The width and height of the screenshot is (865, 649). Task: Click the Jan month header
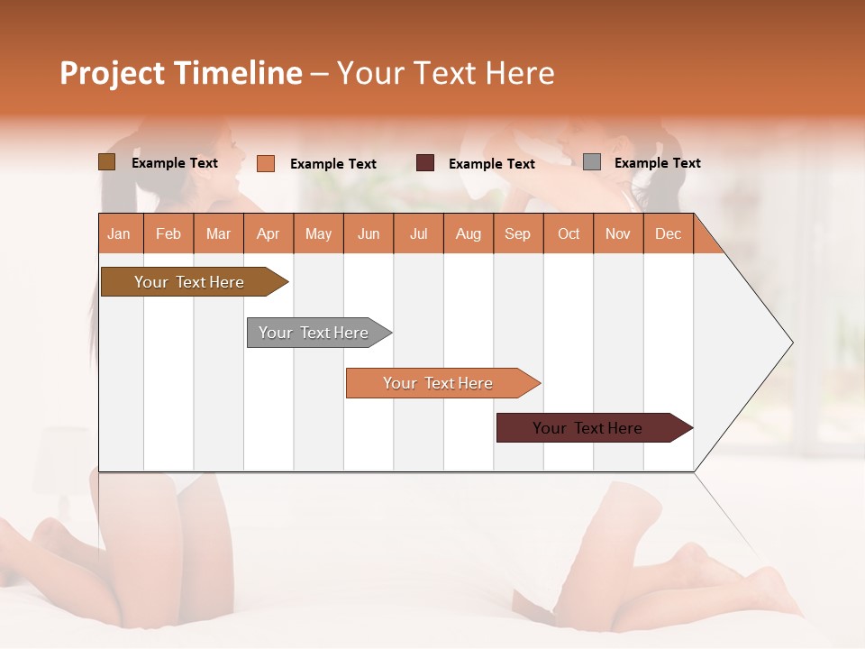[x=120, y=233]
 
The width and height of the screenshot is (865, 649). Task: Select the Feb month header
[x=168, y=233]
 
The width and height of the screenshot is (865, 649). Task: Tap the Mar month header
[x=218, y=233]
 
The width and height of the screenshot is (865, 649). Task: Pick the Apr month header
[x=269, y=233]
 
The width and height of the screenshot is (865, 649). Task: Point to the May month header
[x=318, y=233]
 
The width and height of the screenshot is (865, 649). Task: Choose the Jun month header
[x=369, y=233]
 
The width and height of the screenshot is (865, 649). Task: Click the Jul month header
[x=418, y=233]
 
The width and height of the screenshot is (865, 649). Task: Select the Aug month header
[x=469, y=233]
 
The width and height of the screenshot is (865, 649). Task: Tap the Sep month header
[x=518, y=233]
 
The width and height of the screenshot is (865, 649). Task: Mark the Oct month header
[x=569, y=233]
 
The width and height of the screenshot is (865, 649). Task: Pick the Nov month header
[x=618, y=233]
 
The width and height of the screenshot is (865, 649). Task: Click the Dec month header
[x=669, y=233]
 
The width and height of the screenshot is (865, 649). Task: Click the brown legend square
[x=107, y=162]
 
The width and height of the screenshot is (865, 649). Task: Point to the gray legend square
[x=592, y=162]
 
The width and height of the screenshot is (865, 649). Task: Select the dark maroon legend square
[x=425, y=163]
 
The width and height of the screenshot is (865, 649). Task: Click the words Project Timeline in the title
[x=181, y=73]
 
